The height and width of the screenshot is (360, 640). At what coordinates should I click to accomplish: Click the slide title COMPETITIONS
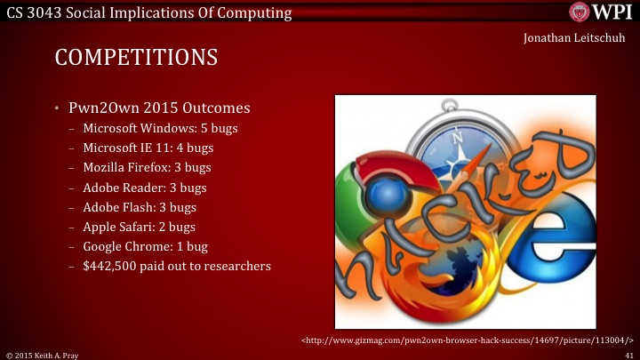(136, 58)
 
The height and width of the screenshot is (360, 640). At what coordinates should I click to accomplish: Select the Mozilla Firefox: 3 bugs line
(147, 167)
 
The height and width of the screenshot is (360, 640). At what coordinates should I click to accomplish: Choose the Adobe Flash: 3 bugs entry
(140, 207)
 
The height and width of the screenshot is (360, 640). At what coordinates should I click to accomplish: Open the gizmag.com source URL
(467, 340)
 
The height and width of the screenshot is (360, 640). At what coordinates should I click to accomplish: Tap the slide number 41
(628, 354)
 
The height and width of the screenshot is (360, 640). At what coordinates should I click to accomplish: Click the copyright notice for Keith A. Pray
(44, 354)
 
